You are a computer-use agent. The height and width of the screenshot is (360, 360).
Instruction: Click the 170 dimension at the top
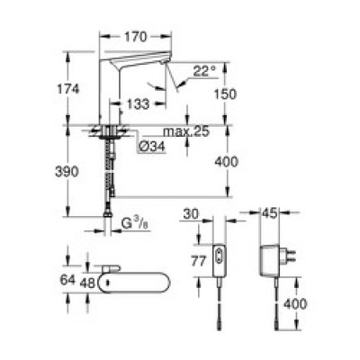pyautogui.click(x=136, y=38)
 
